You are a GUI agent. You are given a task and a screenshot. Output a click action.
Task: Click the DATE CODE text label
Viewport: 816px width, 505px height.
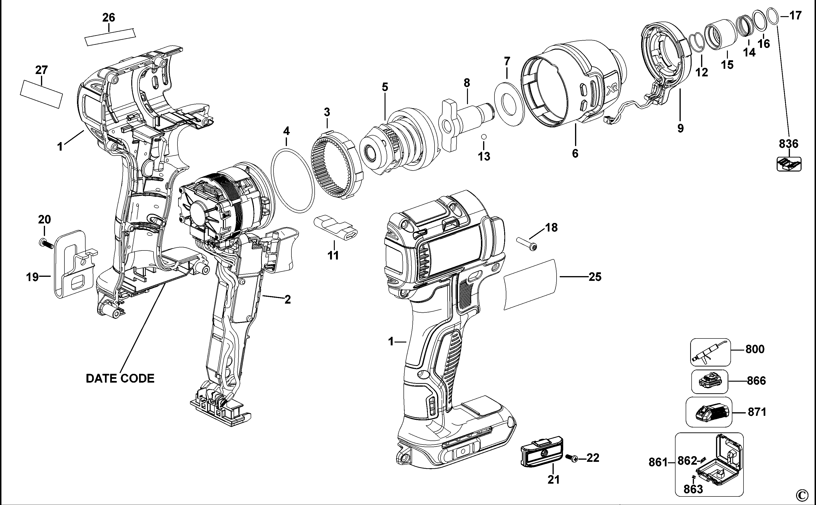pyautogui.click(x=120, y=378)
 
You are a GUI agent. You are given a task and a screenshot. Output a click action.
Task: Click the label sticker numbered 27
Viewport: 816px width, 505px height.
pyautogui.click(x=42, y=94)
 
